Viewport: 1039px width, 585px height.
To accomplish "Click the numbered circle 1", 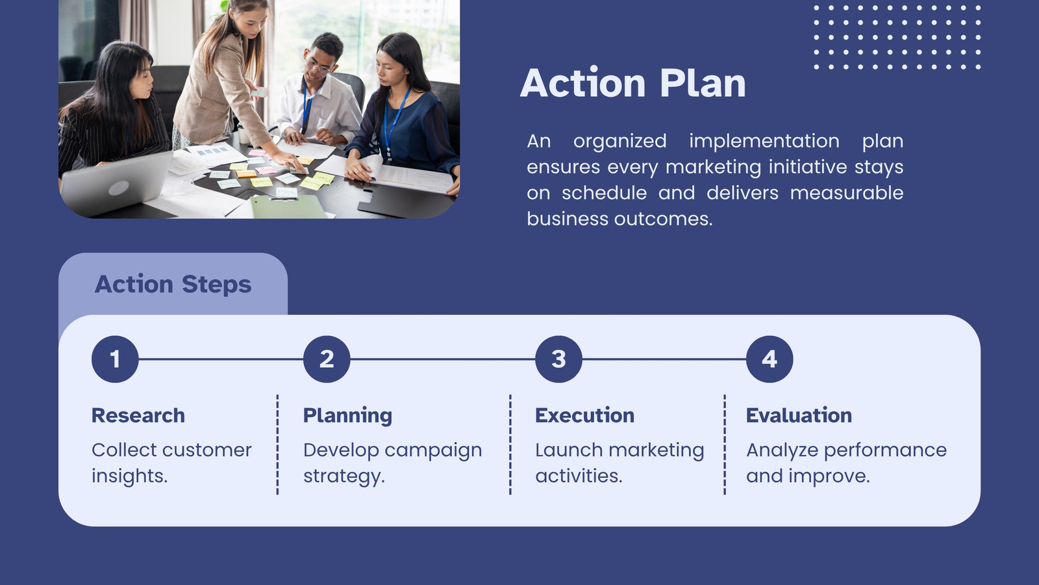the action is [115, 359].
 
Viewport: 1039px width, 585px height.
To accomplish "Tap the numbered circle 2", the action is [327, 359].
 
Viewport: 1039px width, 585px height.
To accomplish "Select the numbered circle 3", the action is [558, 359].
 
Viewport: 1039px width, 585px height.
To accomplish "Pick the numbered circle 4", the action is [770, 359].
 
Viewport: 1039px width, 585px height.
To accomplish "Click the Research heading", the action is [138, 415].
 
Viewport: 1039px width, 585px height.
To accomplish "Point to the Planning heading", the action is [347, 416].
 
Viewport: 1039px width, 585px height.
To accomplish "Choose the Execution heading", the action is [584, 415].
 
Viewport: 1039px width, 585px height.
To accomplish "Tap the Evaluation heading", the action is [799, 415].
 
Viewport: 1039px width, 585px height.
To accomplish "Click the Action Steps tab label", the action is [173, 284].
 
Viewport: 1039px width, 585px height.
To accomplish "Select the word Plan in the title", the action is [702, 83].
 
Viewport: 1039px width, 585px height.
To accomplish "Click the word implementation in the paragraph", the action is [764, 141].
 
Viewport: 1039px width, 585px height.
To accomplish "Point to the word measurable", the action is [847, 192].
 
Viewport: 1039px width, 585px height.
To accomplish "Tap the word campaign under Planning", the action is [433, 451].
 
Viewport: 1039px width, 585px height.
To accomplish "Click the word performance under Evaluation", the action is [885, 451].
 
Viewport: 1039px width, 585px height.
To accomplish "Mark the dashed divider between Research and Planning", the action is [277, 445].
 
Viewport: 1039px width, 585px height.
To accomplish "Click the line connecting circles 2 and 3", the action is [442, 359].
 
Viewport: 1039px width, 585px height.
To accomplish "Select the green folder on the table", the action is [288, 207].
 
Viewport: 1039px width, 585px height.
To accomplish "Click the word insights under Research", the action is [129, 476].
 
